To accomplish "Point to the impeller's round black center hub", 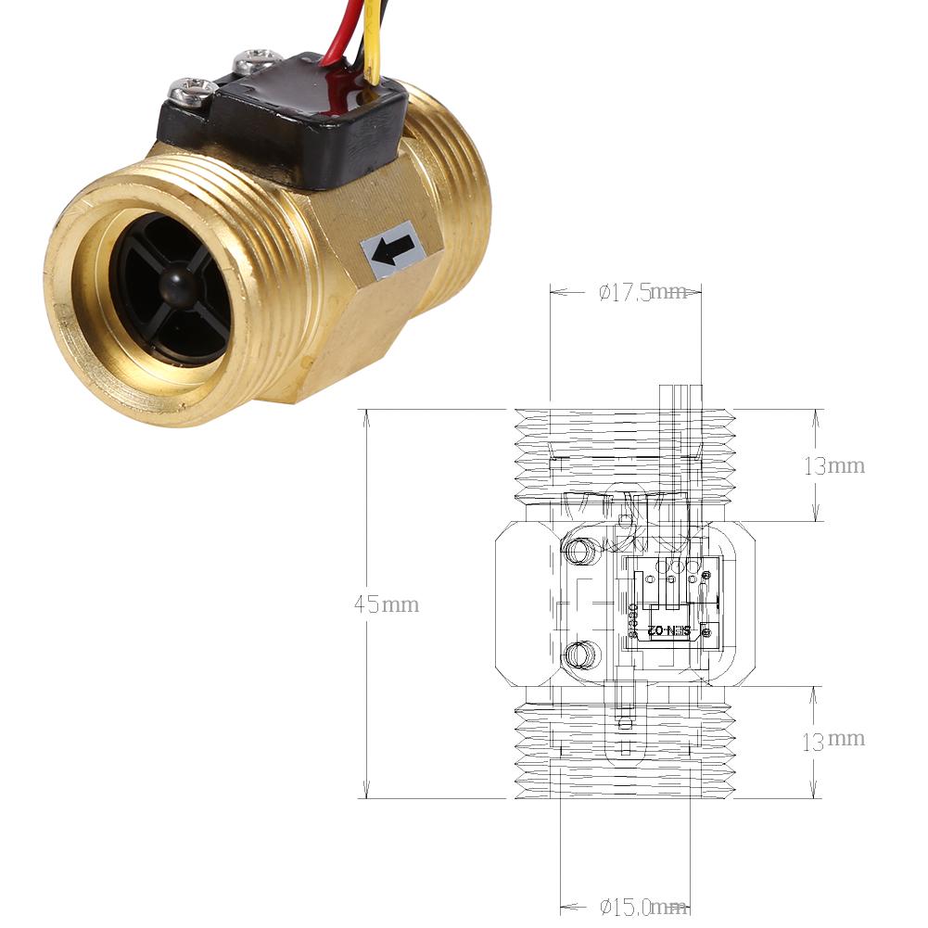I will click(175, 283).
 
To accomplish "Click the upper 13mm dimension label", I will click(834, 465).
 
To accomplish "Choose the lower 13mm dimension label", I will click(834, 739).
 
